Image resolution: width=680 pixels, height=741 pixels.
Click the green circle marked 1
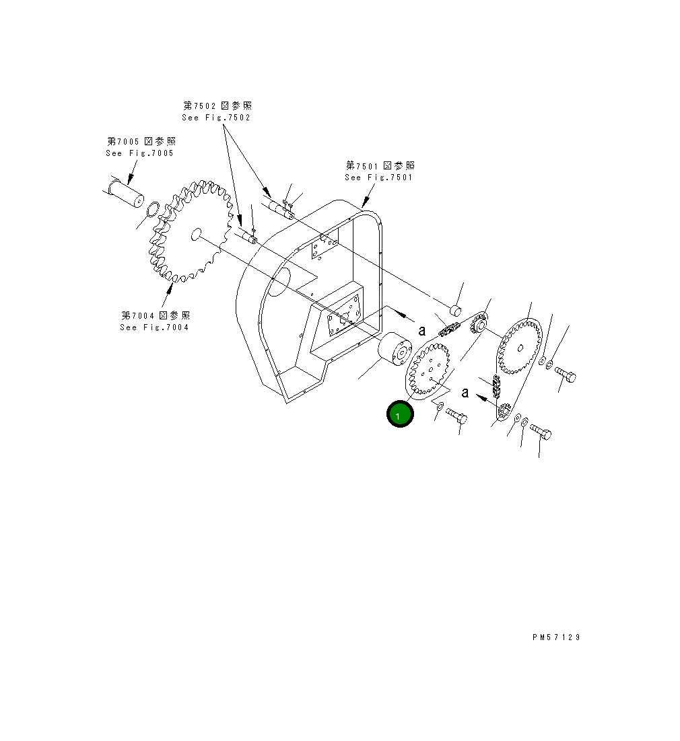pos(399,414)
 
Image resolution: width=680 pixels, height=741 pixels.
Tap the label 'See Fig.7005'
pos(139,153)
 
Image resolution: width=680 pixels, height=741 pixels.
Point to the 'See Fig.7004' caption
pos(154,327)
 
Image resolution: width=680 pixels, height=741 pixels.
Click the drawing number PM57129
pos(555,637)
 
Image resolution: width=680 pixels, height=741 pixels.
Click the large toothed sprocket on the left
pos(191,231)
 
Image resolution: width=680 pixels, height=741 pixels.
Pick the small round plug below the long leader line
pos(455,310)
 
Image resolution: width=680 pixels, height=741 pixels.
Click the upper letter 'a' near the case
pos(422,330)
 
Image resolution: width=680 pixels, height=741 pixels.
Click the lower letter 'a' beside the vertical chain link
pos(465,393)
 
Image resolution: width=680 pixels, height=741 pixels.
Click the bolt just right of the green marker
pos(456,416)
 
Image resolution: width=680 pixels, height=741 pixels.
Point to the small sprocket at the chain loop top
pos(480,325)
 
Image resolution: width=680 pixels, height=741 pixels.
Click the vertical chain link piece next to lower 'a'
pos(497,387)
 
